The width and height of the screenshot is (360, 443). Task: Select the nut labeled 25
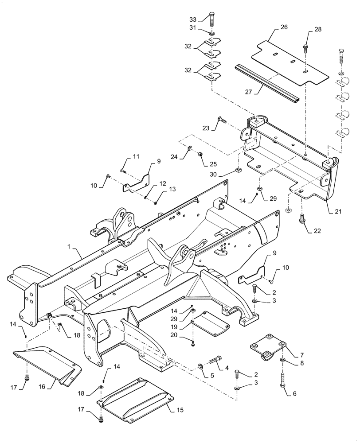coord(201,154)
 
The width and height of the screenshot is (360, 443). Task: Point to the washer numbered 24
coord(190,148)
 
